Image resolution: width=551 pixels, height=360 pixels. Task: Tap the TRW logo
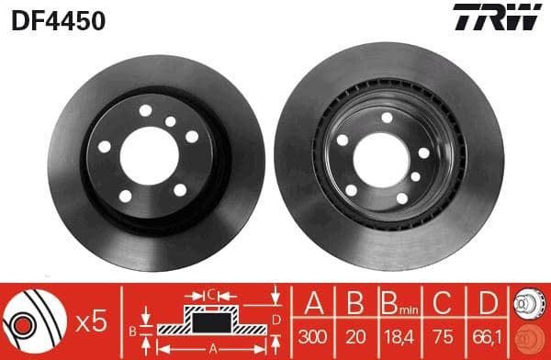[499, 17]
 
